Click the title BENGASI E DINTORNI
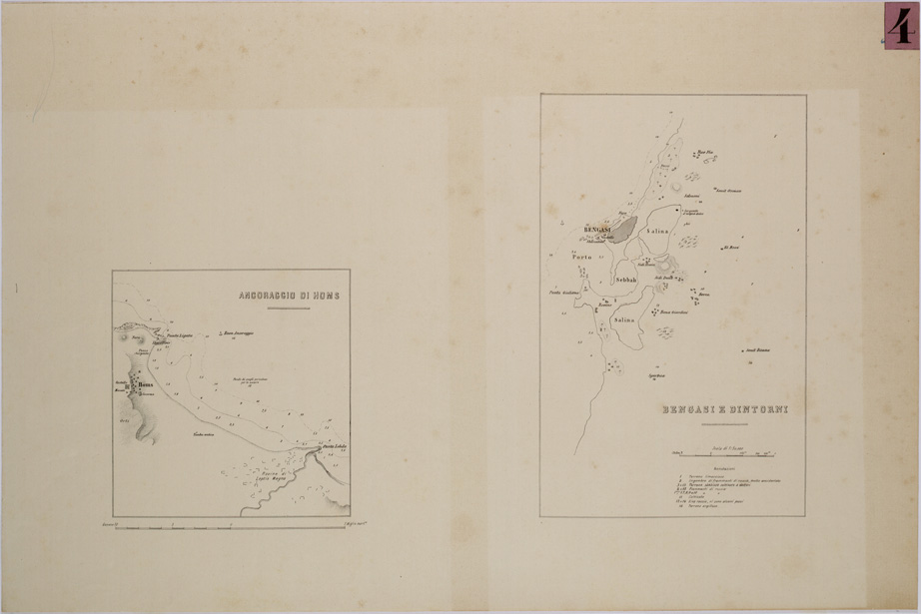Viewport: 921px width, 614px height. [x=717, y=410]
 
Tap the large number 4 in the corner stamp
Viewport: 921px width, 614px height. [x=901, y=25]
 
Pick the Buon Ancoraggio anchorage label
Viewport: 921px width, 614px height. [x=240, y=332]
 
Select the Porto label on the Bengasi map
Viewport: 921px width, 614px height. [x=582, y=258]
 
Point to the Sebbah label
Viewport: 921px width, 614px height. [x=626, y=281]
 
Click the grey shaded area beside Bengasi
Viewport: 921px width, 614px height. [x=621, y=231]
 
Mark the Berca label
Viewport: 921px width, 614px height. [x=704, y=296]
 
